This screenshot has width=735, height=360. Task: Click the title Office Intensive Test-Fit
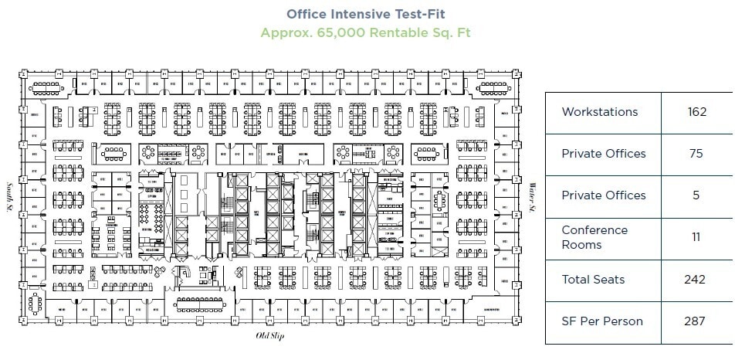[365, 14]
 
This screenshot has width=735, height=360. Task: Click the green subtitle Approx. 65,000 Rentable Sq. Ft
[365, 32]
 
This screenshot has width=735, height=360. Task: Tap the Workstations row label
[599, 112]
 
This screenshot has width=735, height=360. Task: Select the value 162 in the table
[696, 112]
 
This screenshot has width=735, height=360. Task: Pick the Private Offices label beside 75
[603, 154]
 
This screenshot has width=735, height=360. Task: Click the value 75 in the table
[696, 154]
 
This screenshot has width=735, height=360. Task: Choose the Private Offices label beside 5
[603, 195]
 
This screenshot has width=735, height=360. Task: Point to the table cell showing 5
[696, 195]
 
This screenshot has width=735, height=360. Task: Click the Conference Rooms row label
[594, 237]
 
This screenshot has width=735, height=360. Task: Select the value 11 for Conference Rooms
[696, 237]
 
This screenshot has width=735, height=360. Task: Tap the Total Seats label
[593, 280]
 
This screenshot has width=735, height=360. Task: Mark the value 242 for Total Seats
[696, 280]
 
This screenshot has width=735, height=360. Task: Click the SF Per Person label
[601, 321]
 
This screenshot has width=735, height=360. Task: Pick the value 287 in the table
[696, 321]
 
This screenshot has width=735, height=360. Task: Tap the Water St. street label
[532, 198]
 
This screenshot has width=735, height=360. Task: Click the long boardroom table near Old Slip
[202, 303]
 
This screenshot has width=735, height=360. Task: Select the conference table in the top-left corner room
[47, 85]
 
